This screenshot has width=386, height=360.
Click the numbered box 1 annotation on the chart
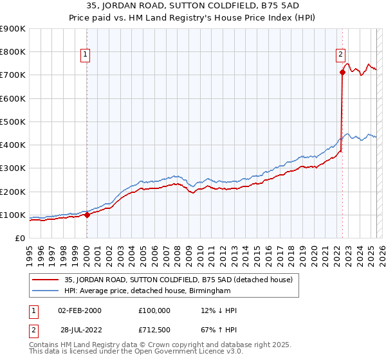[x=86, y=55]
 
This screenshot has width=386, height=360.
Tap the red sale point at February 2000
[x=87, y=215]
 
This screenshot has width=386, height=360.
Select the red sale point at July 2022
[x=342, y=72]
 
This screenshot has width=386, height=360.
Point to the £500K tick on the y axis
[x=14, y=122]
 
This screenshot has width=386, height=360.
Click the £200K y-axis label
[x=14, y=192]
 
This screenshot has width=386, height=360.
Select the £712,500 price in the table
[x=154, y=331]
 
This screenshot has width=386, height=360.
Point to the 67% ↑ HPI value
[x=219, y=331]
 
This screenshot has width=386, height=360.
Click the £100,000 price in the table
[x=154, y=310]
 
